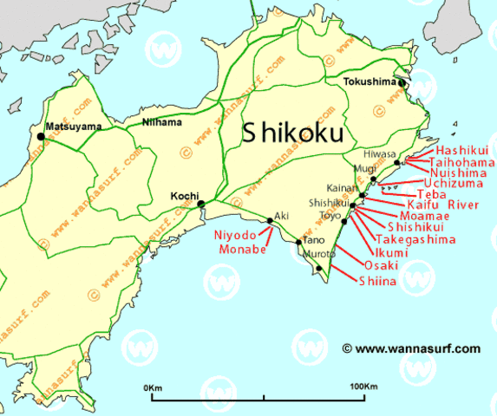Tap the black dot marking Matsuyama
[41, 136]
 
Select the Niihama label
[163, 122]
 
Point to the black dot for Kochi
[201, 205]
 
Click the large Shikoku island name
[291, 133]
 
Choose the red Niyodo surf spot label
[234, 234]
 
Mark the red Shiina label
[378, 280]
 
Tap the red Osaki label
[381, 265]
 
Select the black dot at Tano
[299, 242]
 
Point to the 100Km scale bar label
[364, 385]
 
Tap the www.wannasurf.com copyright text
[410, 348]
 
